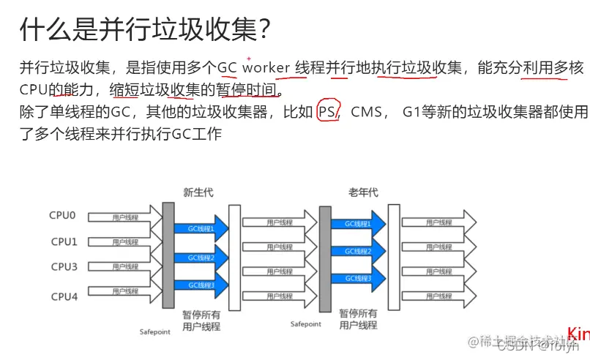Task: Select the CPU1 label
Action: tap(63, 241)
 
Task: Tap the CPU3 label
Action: tap(63, 267)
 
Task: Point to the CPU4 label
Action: tap(63, 296)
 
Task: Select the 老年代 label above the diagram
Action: tap(364, 192)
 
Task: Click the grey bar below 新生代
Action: tap(168, 255)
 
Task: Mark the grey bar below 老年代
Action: tap(324, 255)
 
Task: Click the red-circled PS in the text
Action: tap(327, 112)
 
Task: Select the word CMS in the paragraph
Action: tap(367, 113)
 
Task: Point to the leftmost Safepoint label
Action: tap(155, 331)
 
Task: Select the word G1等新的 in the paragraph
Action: tap(433, 113)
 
